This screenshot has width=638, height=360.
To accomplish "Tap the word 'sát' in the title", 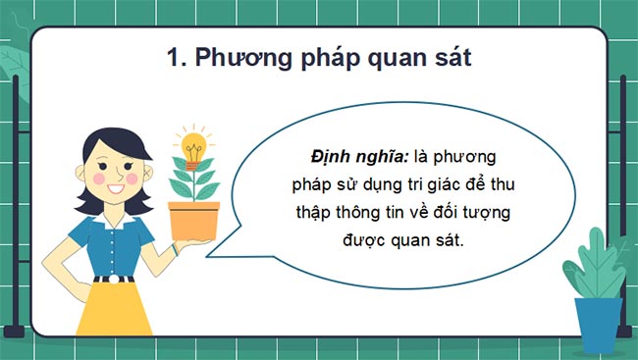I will (x=449, y=58).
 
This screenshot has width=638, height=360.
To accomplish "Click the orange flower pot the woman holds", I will (x=192, y=220).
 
